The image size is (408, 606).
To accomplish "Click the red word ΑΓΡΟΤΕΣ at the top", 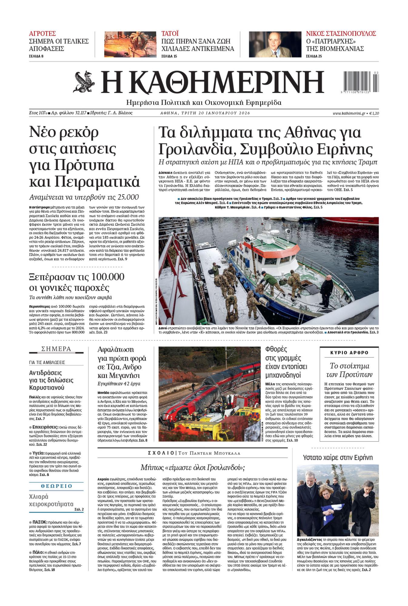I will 42,33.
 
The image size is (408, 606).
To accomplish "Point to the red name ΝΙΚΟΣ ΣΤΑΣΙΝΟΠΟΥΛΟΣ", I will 341,33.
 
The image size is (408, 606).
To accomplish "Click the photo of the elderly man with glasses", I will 275,44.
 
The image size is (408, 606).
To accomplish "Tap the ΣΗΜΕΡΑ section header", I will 56,349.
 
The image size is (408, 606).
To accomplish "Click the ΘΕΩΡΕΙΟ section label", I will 56,486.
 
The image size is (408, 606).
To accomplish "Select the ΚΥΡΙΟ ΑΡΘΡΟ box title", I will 349,353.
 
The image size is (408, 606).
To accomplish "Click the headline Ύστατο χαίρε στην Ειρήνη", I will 338,458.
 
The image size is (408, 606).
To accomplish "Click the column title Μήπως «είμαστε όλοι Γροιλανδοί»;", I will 192,467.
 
